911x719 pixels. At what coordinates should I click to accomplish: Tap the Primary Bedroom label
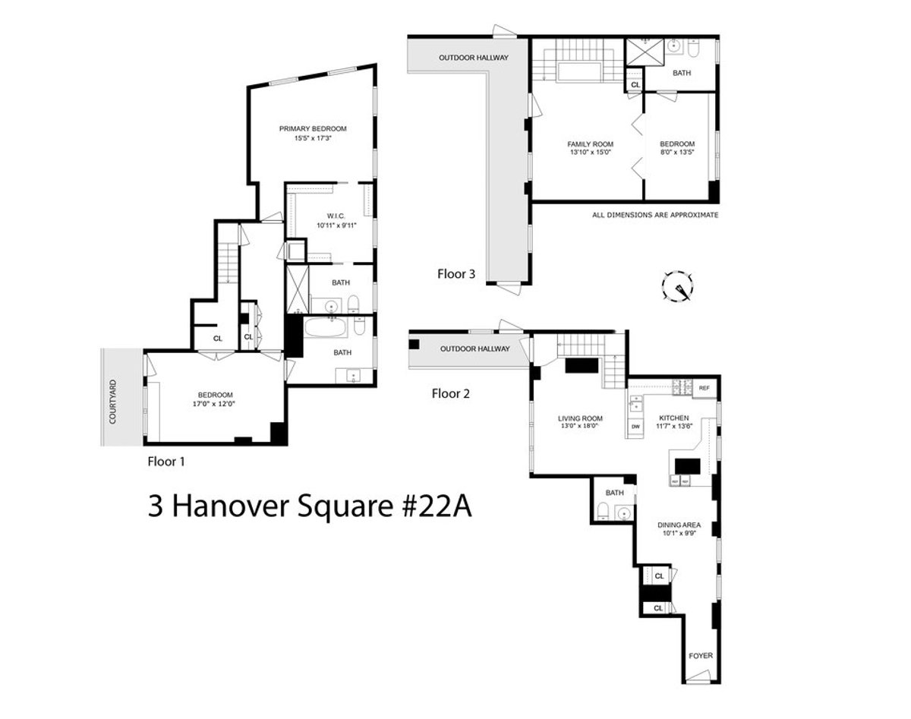(x=313, y=128)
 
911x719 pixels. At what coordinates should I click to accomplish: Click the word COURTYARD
(x=112, y=402)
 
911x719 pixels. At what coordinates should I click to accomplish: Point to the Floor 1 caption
(x=165, y=461)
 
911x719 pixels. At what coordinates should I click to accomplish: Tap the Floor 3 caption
(x=456, y=274)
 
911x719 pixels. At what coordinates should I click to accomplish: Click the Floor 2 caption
(x=451, y=393)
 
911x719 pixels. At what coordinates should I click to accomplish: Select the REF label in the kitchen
(x=704, y=388)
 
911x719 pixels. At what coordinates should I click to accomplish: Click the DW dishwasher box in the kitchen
(x=635, y=427)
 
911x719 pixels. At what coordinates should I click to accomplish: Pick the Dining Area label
(x=679, y=525)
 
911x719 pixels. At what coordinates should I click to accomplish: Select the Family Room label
(x=590, y=143)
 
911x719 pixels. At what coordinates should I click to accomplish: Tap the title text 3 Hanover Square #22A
(x=310, y=507)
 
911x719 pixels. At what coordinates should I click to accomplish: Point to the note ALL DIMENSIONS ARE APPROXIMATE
(x=654, y=216)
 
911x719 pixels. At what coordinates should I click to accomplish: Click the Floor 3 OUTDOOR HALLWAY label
(x=473, y=58)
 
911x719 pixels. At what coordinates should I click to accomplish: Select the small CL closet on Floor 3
(x=635, y=85)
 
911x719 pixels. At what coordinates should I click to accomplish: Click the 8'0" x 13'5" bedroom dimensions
(x=676, y=152)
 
